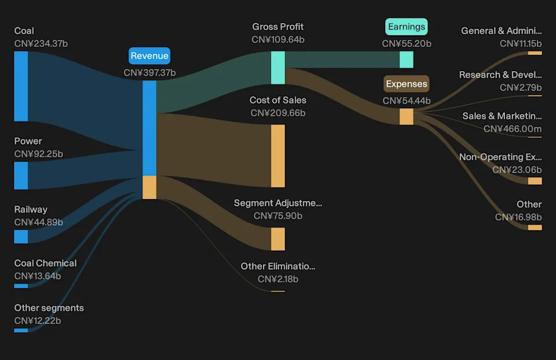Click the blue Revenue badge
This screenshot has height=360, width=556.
(x=149, y=56)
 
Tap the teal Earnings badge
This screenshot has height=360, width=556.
(x=407, y=27)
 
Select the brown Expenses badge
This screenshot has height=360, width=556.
(x=407, y=83)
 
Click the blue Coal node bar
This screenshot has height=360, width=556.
(x=21, y=86)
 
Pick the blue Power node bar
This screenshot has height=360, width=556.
(x=21, y=175)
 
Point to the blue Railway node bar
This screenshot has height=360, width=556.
(x=21, y=237)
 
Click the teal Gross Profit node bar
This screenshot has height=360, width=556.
(x=278, y=68)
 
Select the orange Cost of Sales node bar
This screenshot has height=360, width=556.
(x=278, y=156)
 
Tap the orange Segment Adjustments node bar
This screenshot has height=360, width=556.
(x=278, y=239)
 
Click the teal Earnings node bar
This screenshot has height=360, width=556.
(x=407, y=60)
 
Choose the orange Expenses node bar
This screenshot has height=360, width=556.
(x=407, y=116)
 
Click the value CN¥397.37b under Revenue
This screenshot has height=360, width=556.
(x=149, y=73)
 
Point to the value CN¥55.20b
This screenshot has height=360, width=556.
(x=407, y=43)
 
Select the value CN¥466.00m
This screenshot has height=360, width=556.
(x=513, y=128)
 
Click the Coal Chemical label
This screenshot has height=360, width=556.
(x=45, y=263)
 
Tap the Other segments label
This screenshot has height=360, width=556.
(x=49, y=308)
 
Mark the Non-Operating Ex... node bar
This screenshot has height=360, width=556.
(x=535, y=181)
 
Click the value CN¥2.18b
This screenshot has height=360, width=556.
(x=278, y=279)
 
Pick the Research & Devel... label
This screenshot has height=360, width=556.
(x=500, y=75)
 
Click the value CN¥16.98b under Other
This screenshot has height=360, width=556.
(x=518, y=217)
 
